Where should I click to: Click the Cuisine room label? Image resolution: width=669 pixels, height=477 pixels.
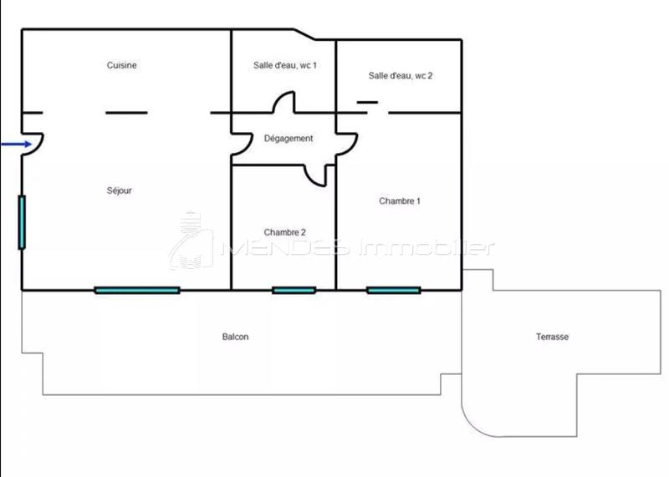122,65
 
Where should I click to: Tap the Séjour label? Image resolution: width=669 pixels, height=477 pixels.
120,190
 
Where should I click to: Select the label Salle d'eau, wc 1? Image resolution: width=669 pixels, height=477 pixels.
284,65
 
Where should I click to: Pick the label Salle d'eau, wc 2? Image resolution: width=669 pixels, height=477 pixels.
401,75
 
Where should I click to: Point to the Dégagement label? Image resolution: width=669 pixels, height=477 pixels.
289,139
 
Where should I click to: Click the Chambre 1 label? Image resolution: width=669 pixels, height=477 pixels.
400,200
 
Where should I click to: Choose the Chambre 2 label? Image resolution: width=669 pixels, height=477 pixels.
284,232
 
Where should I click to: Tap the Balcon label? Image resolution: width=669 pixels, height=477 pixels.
235,337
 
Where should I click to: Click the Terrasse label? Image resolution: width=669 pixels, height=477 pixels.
552,337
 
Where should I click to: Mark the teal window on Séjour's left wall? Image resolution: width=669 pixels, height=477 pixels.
22,221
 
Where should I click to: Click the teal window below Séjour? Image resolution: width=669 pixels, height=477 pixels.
137,290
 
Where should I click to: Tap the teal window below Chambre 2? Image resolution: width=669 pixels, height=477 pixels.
294,290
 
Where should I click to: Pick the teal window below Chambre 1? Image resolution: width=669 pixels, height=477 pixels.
393,290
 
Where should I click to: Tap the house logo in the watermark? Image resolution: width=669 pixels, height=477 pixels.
191,241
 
